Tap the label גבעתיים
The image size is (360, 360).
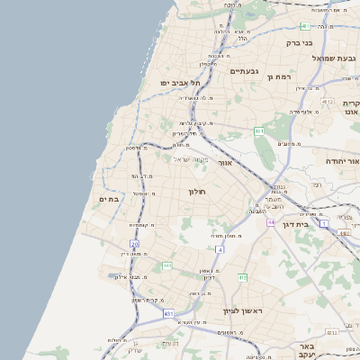tap(244, 71)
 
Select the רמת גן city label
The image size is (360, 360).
tap(281, 76)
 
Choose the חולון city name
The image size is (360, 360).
tap(197, 192)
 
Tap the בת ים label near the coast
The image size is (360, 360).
tap(108, 199)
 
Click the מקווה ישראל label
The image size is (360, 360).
tap(189, 159)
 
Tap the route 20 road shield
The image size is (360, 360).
tap(135, 243)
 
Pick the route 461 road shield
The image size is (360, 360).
tap(258, 131)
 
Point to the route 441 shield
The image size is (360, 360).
tap(166, 266)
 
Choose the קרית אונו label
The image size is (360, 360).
tap(352, 109)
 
